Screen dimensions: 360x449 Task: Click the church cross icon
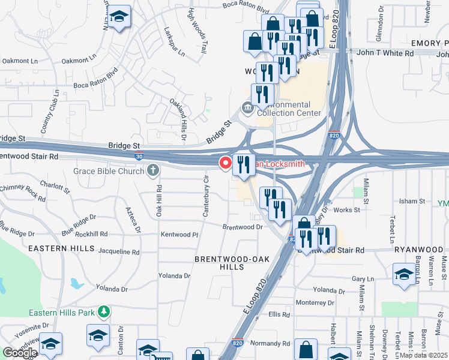[x=153, y=171]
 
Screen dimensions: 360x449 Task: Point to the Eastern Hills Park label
[x=62, y=313]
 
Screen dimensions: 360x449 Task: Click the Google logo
[x=20, y=353]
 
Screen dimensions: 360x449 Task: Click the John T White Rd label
[x=385, y=53]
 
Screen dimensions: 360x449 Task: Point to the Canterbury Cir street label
[x=205, y=195]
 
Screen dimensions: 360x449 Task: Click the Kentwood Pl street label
[x=178, y=235]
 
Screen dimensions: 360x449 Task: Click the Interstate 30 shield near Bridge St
[x=139, y=156]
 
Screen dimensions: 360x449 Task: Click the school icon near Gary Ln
[x=404, y=274]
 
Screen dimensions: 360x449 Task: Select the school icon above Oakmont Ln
[x=119, y=18]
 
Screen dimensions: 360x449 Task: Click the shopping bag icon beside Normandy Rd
[x=306, y=350]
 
